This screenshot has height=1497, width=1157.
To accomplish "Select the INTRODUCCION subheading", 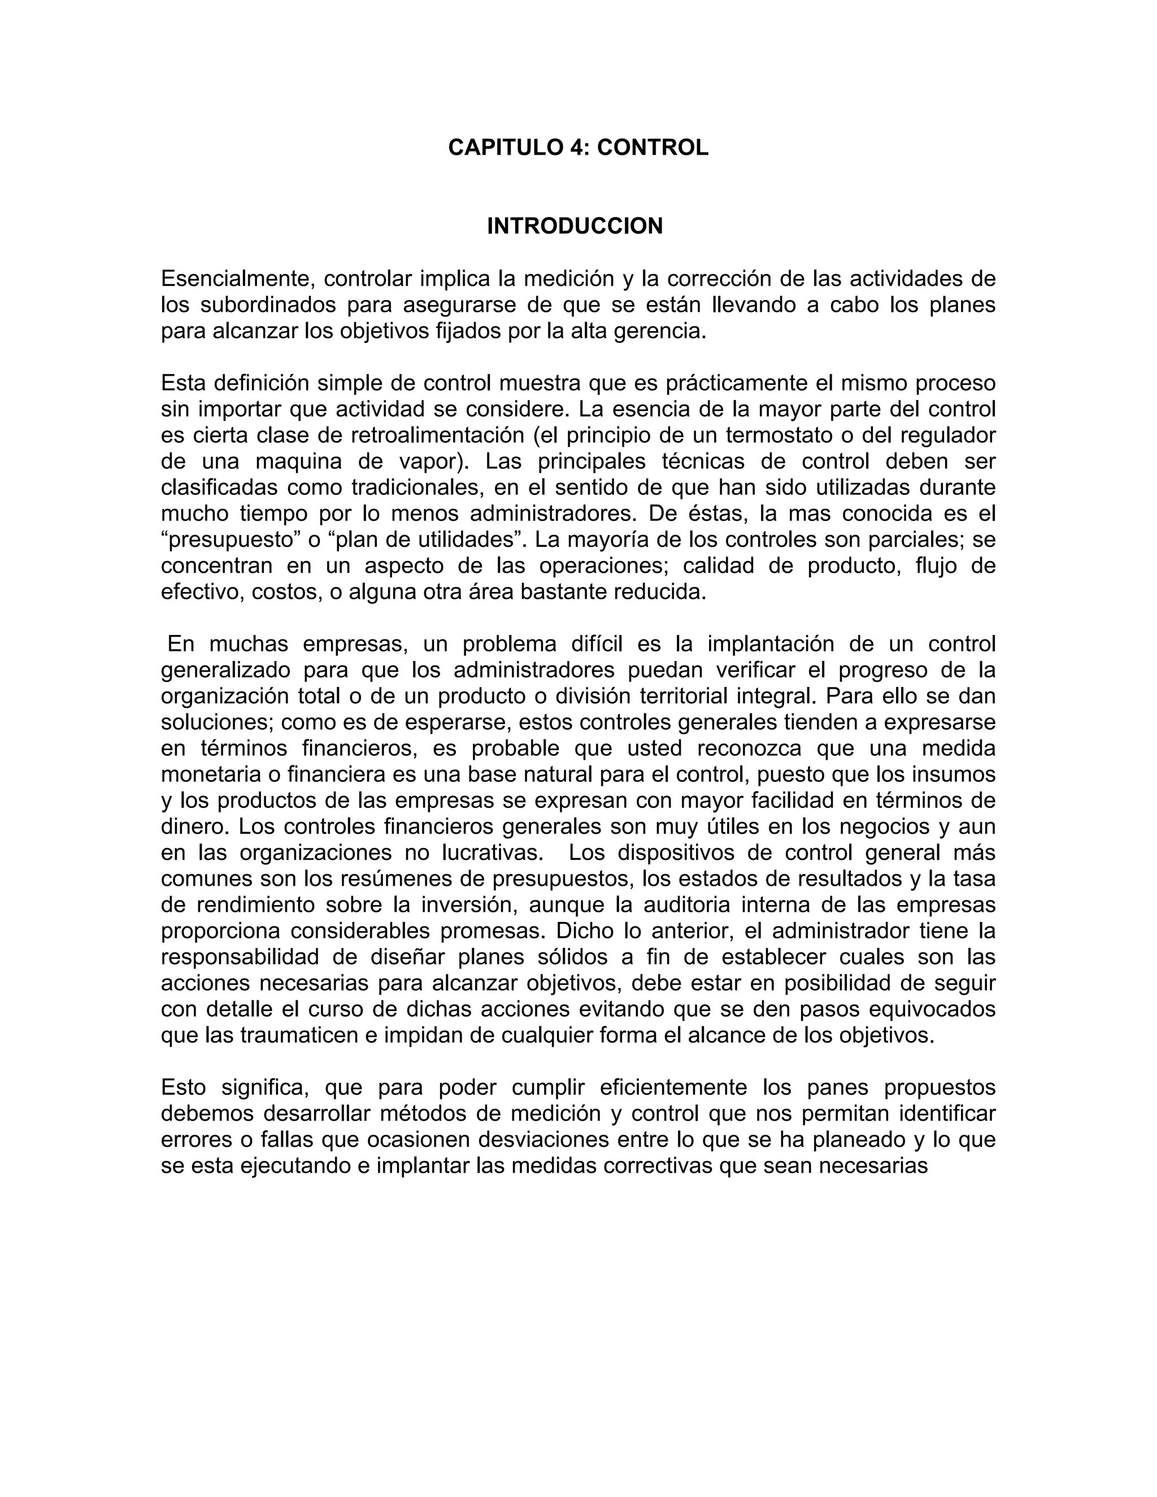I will coord(575,226).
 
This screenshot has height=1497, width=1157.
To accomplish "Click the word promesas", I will coord(491,931).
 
